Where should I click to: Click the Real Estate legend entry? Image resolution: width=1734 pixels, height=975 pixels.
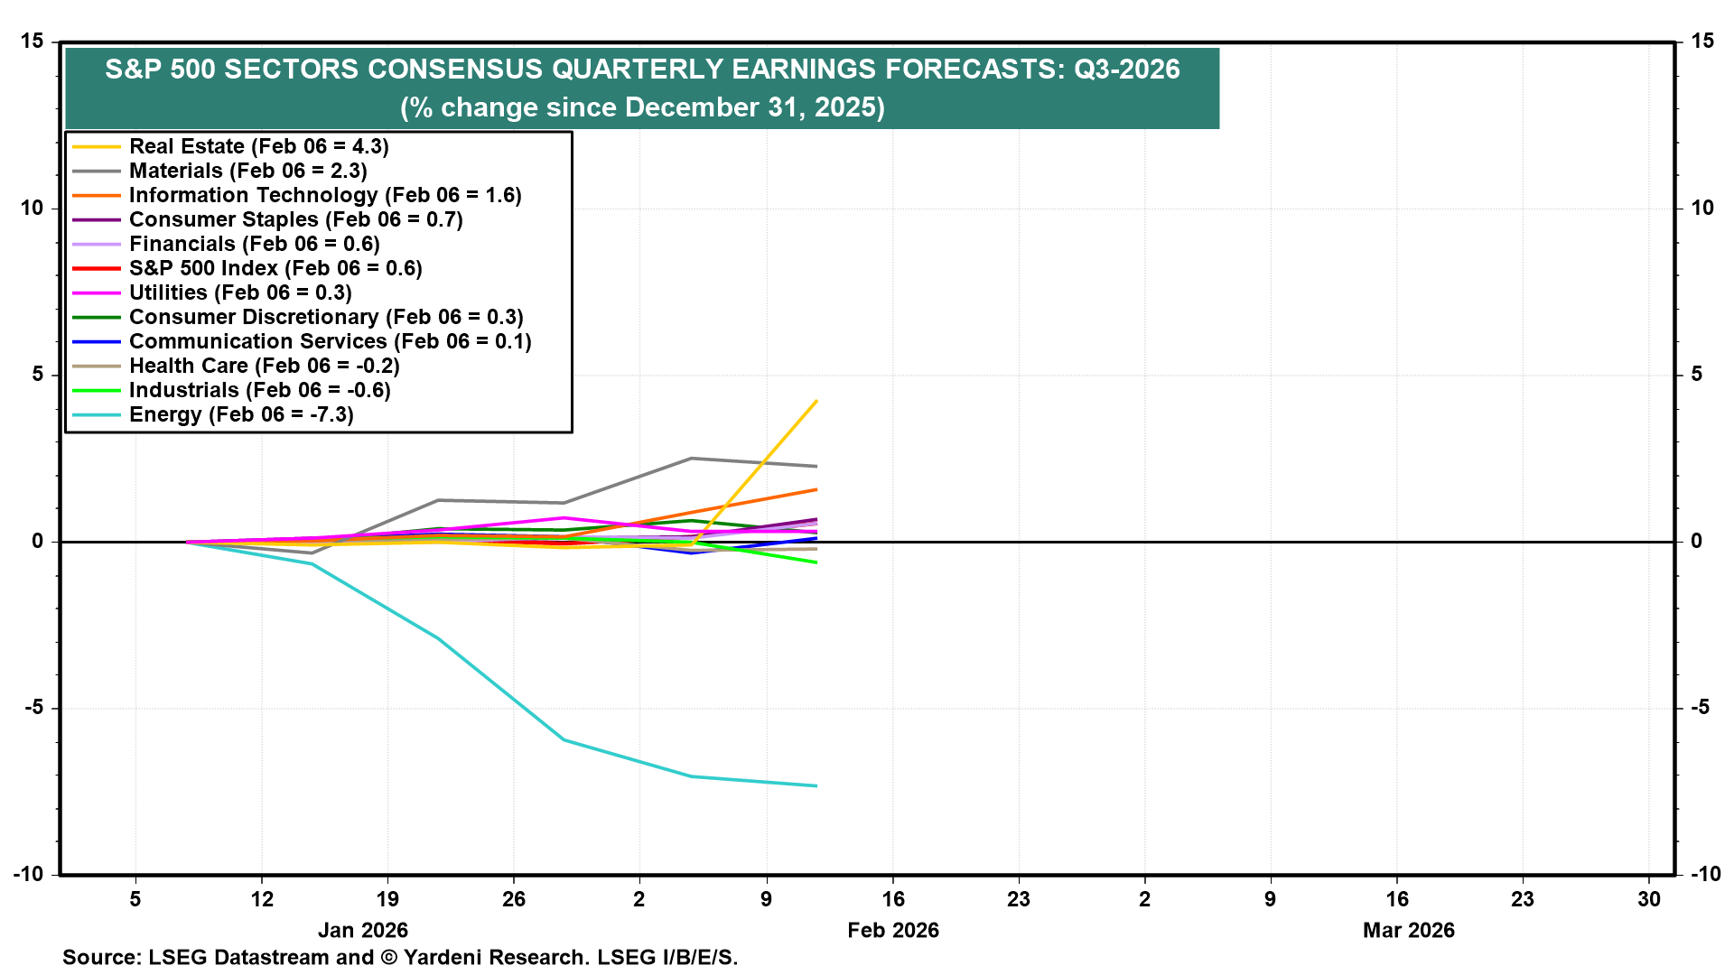(x=258, y=146)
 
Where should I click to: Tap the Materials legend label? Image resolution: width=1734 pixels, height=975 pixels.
(x=247, y=171)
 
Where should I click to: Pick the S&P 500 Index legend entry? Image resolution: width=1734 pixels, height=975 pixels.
(x=275, y=268)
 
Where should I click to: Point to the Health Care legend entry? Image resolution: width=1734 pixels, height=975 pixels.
(x=264, y=366)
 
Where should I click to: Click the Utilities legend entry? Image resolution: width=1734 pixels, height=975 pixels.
(x=240, y=292)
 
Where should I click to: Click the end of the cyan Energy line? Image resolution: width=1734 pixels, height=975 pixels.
(x=816, y=785)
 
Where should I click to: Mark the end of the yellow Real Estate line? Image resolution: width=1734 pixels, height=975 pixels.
(x=816, y=401)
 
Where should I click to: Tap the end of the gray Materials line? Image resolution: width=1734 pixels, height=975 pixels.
(x=816, y=466)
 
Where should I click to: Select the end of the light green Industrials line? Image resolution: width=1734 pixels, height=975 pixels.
(x=816, y=562)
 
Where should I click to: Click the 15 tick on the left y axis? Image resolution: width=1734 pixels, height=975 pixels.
(x=33, y=42)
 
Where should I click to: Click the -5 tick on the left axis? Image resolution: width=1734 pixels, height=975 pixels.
(x=33, y=708)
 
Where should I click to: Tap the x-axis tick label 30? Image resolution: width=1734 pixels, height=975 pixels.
(x=1649, y=899)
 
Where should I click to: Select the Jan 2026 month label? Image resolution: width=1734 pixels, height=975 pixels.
(x=363, y=931)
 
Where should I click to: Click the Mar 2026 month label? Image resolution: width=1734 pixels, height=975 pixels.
(x=1409, y=931)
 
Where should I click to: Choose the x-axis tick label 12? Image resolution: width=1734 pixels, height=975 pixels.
(x=262, y=899)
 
